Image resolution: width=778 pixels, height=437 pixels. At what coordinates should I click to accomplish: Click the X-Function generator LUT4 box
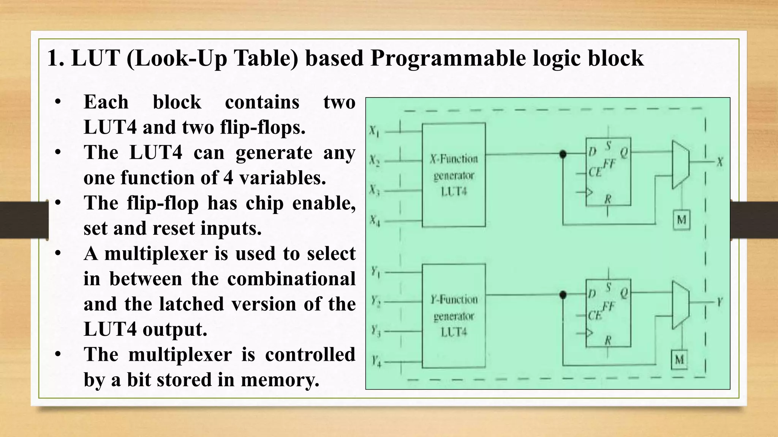454,175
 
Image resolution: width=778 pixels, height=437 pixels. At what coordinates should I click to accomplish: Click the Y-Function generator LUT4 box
454,316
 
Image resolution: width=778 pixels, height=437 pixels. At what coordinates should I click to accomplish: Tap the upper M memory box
682,220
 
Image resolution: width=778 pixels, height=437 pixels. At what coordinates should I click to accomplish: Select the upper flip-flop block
608,172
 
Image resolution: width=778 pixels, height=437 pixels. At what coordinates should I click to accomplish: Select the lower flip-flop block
608,313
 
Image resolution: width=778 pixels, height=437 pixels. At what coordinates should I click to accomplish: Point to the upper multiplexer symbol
680,165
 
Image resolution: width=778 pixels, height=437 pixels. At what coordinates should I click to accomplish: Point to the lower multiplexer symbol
680,305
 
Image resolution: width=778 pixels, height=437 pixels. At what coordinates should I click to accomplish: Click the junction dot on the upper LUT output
563,154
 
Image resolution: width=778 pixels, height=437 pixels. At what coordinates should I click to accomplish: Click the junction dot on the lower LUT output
563,295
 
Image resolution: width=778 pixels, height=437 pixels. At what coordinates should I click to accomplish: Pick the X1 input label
374,132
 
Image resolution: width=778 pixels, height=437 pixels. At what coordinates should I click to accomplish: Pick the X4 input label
375,220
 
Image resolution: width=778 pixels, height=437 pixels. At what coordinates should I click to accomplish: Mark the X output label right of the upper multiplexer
719,162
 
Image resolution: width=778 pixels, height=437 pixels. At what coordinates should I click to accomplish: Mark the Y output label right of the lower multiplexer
719,302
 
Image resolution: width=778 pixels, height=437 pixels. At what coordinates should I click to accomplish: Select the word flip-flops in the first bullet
262,127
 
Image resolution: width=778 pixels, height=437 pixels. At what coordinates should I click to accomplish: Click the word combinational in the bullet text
291,279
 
